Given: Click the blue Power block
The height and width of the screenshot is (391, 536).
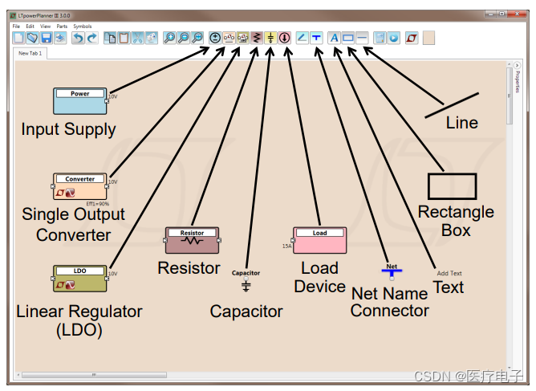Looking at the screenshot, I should click(x=79, y=101).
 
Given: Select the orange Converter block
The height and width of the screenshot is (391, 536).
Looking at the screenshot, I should click(x=79, y=186).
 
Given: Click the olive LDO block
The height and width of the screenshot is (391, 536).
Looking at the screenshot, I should click(x=79, y=278).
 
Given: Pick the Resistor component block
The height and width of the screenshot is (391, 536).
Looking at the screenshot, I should click(x=192, y=239).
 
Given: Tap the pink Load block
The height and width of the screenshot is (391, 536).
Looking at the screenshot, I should click(x=319, y=239).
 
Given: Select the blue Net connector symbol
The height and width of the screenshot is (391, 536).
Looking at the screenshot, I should click(x=392, y=272).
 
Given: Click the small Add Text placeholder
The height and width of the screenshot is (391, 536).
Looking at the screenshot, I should click(x=449, y=273).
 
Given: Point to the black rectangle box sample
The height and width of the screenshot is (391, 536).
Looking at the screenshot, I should click(x=452, y=185).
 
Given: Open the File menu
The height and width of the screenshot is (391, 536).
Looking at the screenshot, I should click(x=16, y=26).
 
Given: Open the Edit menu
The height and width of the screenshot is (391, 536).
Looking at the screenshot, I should click(x=30, y=26).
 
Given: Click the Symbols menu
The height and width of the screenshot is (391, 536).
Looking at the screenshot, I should click(x=83, y=26).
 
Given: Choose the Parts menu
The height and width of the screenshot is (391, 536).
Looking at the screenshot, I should click(x=62, y=26).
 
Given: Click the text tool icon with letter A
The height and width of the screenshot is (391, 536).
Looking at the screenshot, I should click(x=335, y=38).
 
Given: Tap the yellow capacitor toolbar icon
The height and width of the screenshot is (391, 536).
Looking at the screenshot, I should click(x=270, y=38).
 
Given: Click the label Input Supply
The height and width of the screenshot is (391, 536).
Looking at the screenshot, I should click(x=68, y=129).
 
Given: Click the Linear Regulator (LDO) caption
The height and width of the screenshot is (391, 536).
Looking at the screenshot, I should click(x=79, y=320).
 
